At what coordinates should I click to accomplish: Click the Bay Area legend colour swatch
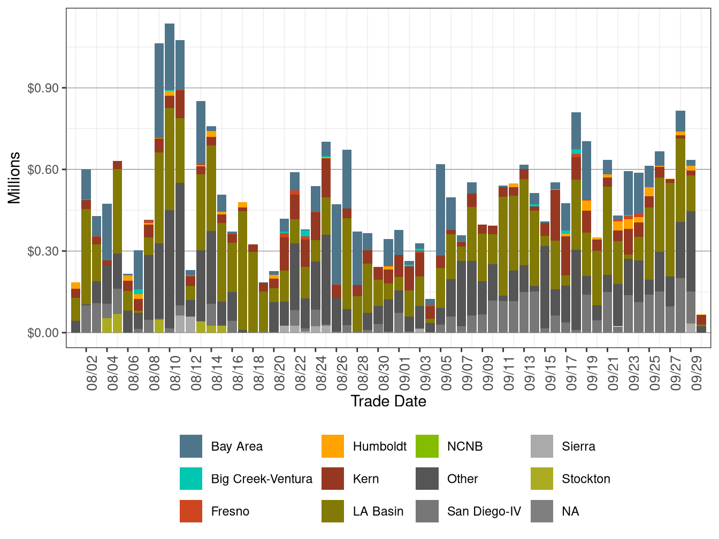(x=191, y=446)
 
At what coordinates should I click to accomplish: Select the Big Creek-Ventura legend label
(x=261, y=479)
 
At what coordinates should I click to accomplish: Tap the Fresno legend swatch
(x=191, y=512)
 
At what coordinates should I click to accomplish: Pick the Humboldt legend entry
(x=379, y=446)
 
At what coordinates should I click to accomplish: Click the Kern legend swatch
(x=333, y=479)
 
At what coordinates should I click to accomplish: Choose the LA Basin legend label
(x=378, y=512)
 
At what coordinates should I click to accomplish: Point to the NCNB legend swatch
(x=427, y=446)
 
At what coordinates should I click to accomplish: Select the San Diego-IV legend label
(x=484, y=512)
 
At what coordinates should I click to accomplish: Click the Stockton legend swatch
(x=542, y=479)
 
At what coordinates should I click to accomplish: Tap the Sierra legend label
(x=578, y=446)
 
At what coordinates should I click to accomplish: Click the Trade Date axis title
(x=388, y=402)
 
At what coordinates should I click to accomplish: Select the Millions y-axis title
(x=14, y=178)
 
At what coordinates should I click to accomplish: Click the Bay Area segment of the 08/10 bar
(x=170, y=57)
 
